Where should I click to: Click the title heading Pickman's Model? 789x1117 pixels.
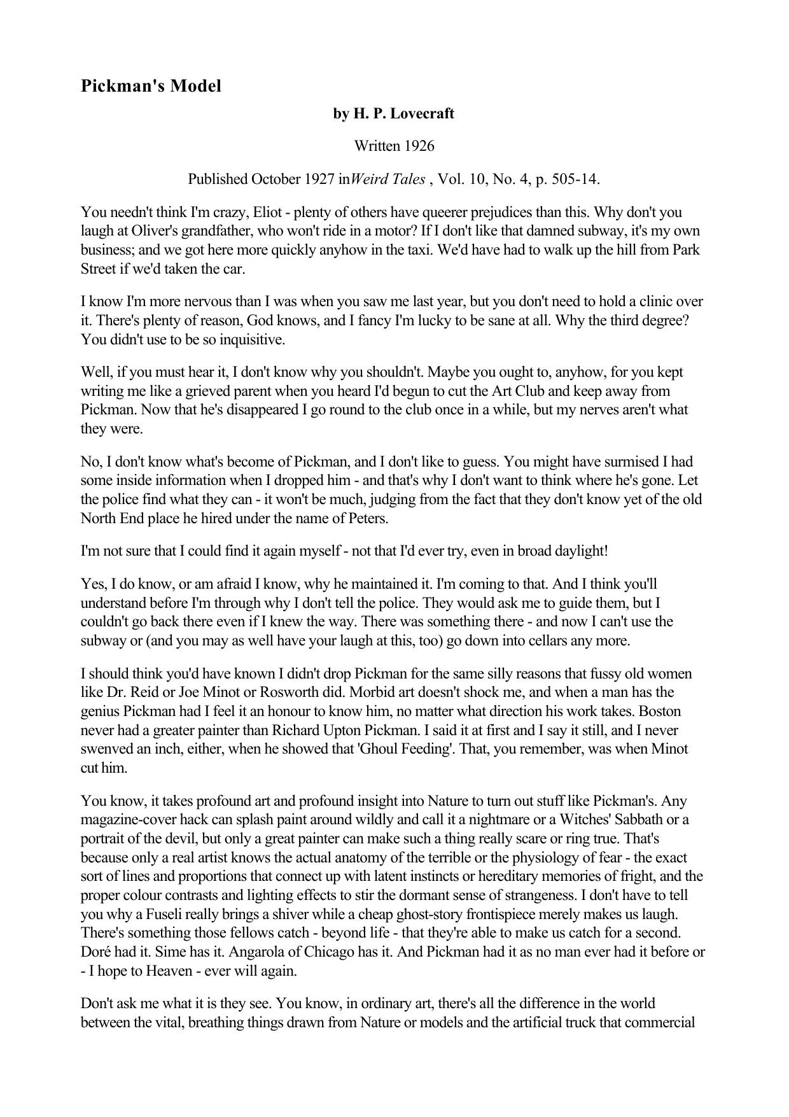[x=151, y=86]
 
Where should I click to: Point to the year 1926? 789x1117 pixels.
[x=421, y=146]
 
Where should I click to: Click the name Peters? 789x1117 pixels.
[x=367, y=518]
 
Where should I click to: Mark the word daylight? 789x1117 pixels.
[x=580, y=551]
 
